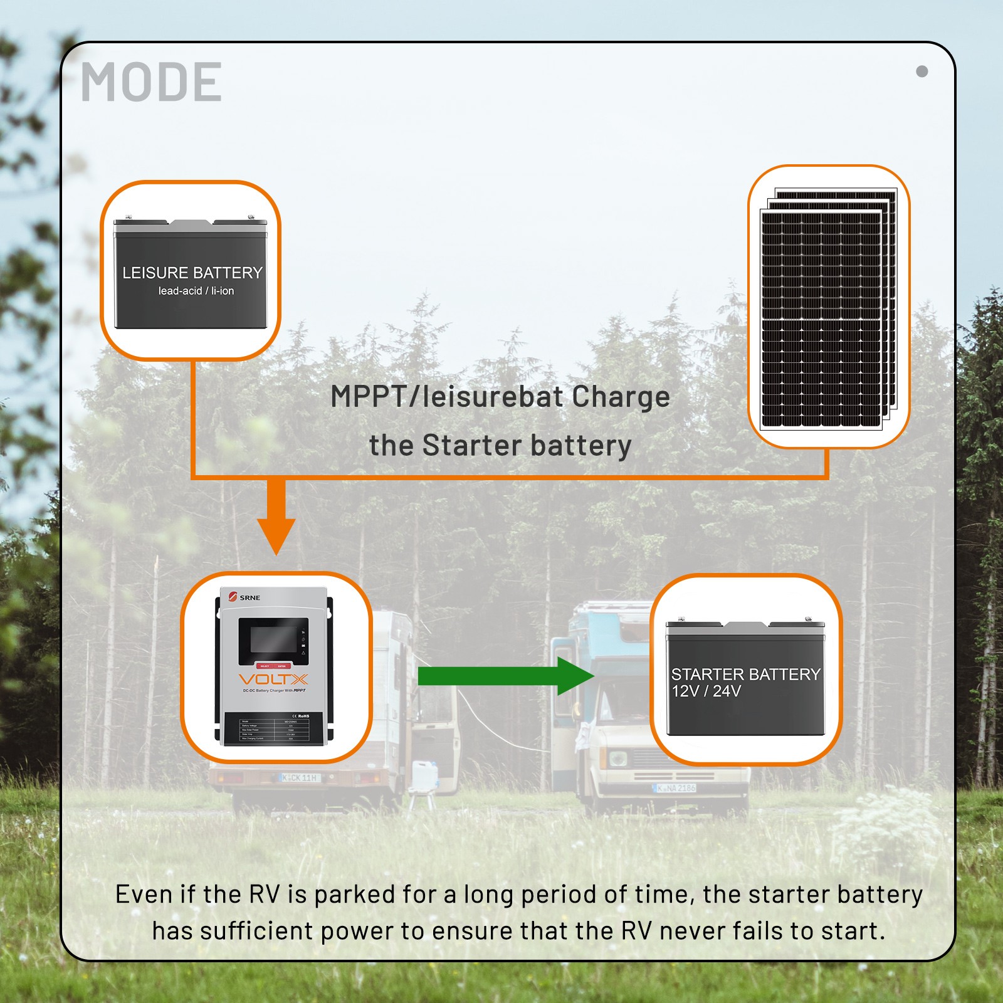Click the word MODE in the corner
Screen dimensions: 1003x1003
pos(151,82)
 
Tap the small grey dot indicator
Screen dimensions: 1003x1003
pos(922,71)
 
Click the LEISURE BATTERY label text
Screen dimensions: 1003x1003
pos(192,273)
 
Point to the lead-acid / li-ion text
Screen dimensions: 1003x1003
pos(196,291)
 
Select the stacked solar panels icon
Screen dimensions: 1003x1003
pos(827,307)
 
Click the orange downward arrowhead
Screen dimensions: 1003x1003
pos(276,536)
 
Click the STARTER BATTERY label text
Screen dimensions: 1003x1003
pos(745,675)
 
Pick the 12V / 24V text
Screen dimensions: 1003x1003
pos(706,691)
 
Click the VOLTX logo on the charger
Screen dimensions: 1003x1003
pos(273,680)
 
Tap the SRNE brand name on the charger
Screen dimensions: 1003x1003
pos(249,597)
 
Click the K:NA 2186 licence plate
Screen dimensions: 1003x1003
pos(676,788)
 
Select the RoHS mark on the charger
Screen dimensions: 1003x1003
pos(301,716)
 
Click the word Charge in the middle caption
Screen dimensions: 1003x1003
pos(621,397)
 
